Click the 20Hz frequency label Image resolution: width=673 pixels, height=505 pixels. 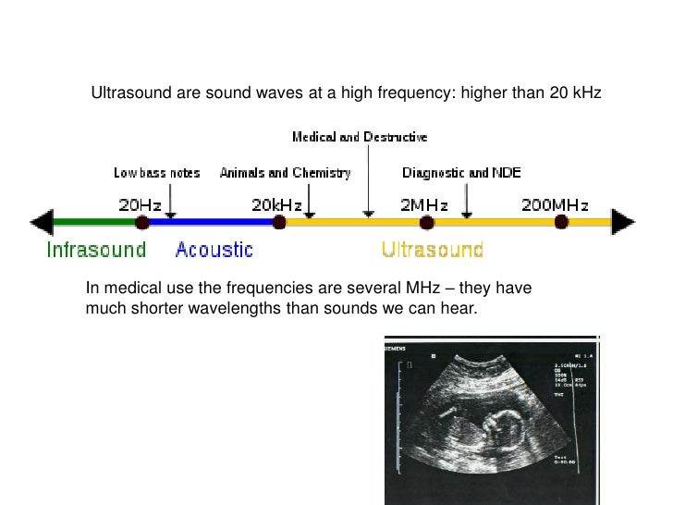click(141, 204)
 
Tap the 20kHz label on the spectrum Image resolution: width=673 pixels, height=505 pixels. click(278, 204)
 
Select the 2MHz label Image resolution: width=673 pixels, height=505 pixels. click(424, 204)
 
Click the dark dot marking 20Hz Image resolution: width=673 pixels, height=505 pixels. click(141, 222)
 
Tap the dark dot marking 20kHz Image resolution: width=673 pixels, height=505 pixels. click(278, 222)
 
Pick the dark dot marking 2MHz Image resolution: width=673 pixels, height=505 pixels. click(426, 222)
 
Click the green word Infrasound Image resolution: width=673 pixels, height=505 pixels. click(96, 250)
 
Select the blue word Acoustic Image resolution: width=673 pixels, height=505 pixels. click(214, 250)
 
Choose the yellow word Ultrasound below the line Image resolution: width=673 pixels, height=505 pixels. click(432, 250)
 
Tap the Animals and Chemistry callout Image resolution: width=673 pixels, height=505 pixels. click(285, 173)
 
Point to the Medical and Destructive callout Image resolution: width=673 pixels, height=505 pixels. click(360, 137)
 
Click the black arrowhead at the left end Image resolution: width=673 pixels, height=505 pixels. click(42, 222)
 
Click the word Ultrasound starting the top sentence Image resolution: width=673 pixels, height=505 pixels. click(125, 93)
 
